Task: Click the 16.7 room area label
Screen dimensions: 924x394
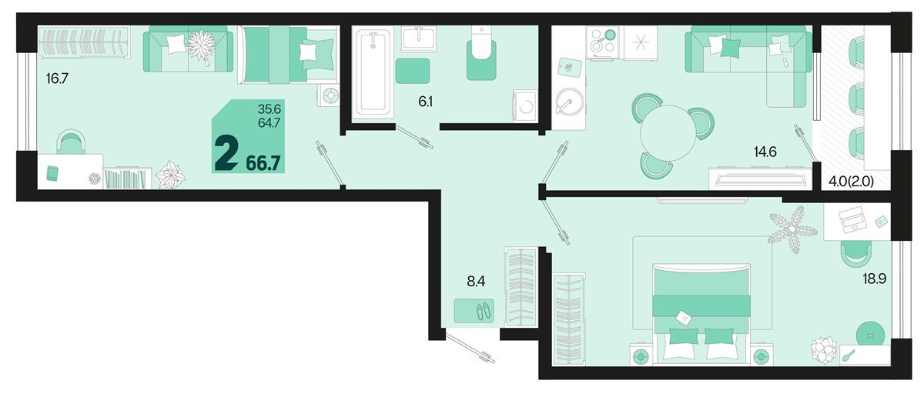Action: (x=57, y=78)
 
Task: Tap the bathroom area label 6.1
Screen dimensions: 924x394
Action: (x=425, y=102)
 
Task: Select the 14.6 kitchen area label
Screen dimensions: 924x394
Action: (x=765, y=152)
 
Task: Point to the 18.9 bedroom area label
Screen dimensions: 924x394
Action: (x=875, y=279)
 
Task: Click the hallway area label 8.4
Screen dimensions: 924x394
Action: (x=476, y=282)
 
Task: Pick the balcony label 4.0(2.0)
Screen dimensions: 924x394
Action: (x=851, y=182)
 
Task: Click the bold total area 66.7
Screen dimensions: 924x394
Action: (x=263, y=163)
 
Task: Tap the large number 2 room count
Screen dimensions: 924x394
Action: (x=226, y=153)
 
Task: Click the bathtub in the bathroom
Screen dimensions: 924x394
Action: (x=373, y=73)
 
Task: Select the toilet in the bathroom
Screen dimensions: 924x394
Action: (x=481, y=54)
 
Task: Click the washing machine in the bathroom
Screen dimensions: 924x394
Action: (x=525, y=106)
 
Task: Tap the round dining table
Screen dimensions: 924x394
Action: (x=668, y=132)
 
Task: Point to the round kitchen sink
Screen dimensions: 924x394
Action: (x=569, y=102)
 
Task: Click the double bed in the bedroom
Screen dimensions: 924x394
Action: (x=701, y=314)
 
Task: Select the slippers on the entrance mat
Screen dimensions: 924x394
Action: (x=484, y=311)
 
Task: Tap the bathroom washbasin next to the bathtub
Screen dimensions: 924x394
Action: (x=419, y=38)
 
